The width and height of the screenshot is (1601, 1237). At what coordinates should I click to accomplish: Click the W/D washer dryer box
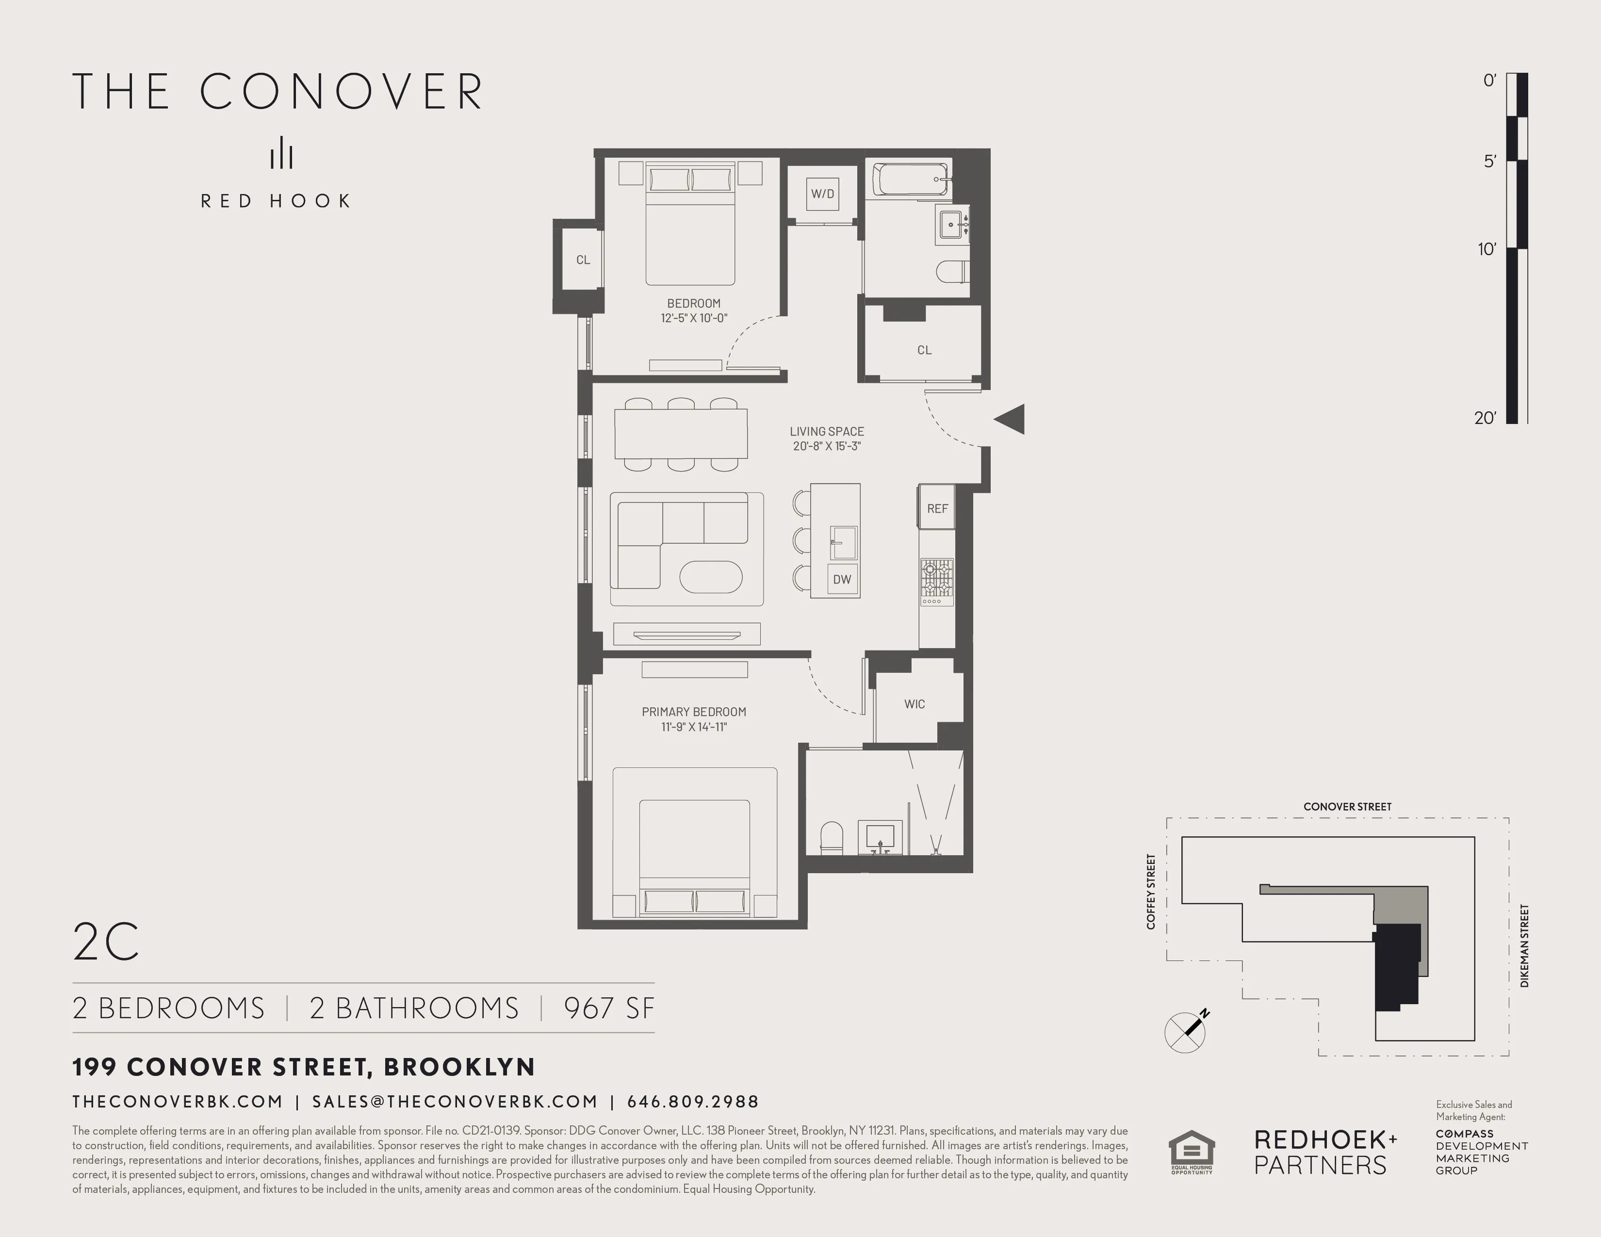tap(822, 194)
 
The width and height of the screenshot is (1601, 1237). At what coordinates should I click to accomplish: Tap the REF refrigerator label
tap(937, 508)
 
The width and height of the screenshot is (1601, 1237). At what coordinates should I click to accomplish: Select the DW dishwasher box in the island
tap(842, 579)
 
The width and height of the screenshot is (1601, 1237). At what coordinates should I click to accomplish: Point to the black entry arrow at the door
tap(1010, 419)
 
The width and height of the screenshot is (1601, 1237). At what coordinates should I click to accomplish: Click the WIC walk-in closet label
tap(914, 703)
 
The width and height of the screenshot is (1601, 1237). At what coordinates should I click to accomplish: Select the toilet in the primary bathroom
tap(831, 838)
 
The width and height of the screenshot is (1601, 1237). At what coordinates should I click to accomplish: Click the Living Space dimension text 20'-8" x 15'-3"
tap(826, 445)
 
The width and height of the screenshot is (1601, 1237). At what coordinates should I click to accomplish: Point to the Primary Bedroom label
tap(693, 712)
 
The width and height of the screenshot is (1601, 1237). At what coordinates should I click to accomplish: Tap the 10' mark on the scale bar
tap(1486, 249)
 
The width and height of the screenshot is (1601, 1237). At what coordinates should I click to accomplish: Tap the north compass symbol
tap(1185, 1032)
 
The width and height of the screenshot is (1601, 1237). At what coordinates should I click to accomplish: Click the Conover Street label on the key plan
tap(1347, 806)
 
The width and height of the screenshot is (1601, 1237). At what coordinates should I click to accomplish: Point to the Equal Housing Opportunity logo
tap(1191, 1151)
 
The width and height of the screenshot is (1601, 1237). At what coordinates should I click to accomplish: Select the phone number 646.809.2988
tap(693, 1102)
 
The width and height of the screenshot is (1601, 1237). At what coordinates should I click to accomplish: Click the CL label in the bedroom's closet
tap(583, 260)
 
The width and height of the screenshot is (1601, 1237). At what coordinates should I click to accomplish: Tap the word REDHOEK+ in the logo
tap(1325, 1139)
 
